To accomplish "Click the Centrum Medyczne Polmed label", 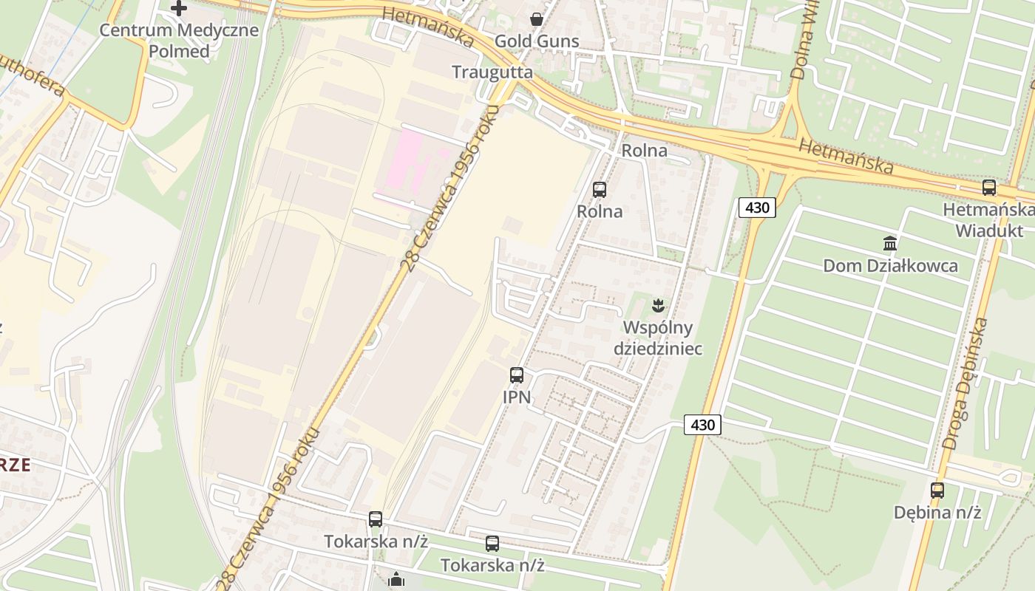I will pos(179,41).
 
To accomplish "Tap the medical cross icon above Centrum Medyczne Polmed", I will pos(179,9).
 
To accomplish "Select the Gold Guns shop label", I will pos(537,41).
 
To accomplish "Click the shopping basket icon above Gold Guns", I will pos(537,19).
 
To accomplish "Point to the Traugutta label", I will pos(492,72).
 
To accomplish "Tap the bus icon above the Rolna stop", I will pos(600,190).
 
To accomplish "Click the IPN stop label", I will pos(517,397).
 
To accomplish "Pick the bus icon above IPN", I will pos(517,375).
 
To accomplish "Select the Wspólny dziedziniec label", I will pos(657,338).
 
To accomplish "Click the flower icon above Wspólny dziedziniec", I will pos(656,304).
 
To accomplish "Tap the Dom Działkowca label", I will pos(890,266).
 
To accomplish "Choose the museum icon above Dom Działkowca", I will pos(890,244).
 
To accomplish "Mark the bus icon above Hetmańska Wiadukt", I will pos(989,188).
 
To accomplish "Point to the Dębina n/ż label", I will pos(937,512).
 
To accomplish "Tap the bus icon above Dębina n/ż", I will pos(937,490).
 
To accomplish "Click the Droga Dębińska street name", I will pos(966,384).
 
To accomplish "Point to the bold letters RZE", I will pos(15,465).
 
